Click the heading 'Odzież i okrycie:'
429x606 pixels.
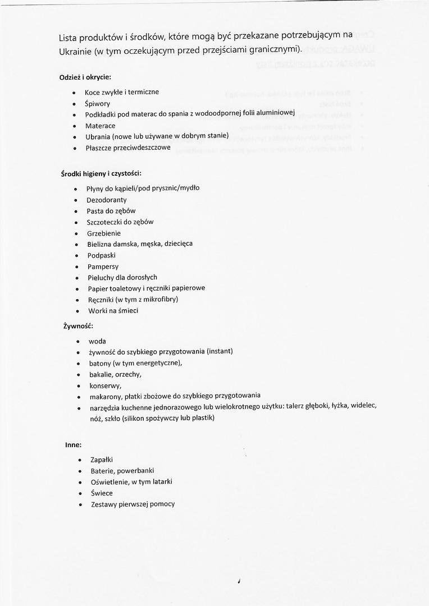pyautogui.click(x=85, y=76)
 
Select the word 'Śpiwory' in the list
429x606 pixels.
pyautogui.click(x=97, y=104)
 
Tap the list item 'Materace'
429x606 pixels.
pyautogui.click(x=100, y=126)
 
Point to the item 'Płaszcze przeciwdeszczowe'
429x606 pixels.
pyautogui.click(x=128, y=148)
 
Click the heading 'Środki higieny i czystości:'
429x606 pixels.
pyautogui.click(x=97, y=174)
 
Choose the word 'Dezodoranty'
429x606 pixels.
pyautogui.click(x=107, y=200)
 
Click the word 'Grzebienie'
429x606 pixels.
pyautogui.click(x=104, y=233)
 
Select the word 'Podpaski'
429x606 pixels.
pyautogui.click(x=102, y=255)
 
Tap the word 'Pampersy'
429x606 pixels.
pyautogui.click(x=103, y=267)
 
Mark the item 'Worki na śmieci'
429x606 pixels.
pyautogui.click(x=113, y=311)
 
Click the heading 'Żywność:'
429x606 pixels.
pyautogui.click(x=78, y=326)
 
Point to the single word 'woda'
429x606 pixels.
pyautogui.click(x=97, y=341)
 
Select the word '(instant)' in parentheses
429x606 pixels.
pyautogui.click(x=220, y=351)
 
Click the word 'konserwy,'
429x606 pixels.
pyautogui.click(x=106, y=385)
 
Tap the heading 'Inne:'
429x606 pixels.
pyautogui.click(x=73, y=445)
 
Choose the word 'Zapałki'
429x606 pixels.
pyautogui.click(x=102, y=460)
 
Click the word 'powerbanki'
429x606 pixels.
pyautogui.click(x=135, y=471)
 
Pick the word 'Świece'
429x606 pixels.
pyautogui.click(x=102, y=493)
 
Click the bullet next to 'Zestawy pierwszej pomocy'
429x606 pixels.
pyautogui.click(x=81, y=504)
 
